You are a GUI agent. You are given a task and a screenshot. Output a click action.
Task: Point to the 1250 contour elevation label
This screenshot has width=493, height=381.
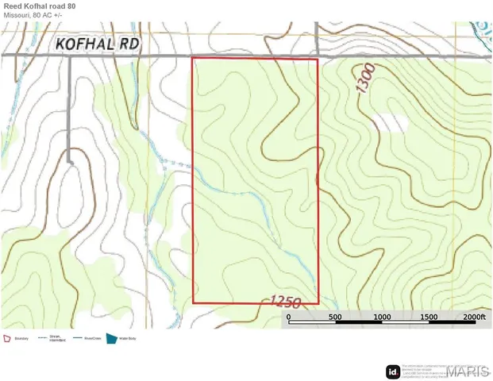coord(284,302)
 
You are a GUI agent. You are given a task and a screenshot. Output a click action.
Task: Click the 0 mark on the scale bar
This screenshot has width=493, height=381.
coord(289,317)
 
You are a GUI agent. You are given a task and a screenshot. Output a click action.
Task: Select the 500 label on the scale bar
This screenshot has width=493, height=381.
coord(335,317)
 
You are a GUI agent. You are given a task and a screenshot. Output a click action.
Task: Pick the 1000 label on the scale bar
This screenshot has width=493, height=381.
coord(383,317)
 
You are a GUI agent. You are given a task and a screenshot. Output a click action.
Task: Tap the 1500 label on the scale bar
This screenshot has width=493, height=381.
coord(429,317)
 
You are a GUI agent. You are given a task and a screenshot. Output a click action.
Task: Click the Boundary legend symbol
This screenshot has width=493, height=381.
coord(8,338)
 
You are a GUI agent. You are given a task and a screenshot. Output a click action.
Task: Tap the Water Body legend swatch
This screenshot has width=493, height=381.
coord(111,338)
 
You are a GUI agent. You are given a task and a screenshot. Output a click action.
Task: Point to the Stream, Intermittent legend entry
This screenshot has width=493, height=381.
coord(55,338)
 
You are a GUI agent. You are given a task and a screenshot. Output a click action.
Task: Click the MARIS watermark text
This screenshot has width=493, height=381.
coord(468,371)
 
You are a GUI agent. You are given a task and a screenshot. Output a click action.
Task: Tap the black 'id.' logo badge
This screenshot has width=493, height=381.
coord(392,371)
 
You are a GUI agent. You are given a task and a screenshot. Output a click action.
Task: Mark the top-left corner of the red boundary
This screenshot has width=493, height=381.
coord(194,58)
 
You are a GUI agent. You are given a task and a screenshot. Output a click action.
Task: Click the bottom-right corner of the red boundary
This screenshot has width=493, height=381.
coord(318,303)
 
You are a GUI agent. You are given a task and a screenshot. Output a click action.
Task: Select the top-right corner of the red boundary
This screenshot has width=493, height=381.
coord(318,59)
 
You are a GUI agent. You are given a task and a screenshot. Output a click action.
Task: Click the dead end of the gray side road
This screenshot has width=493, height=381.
coord(70,162)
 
